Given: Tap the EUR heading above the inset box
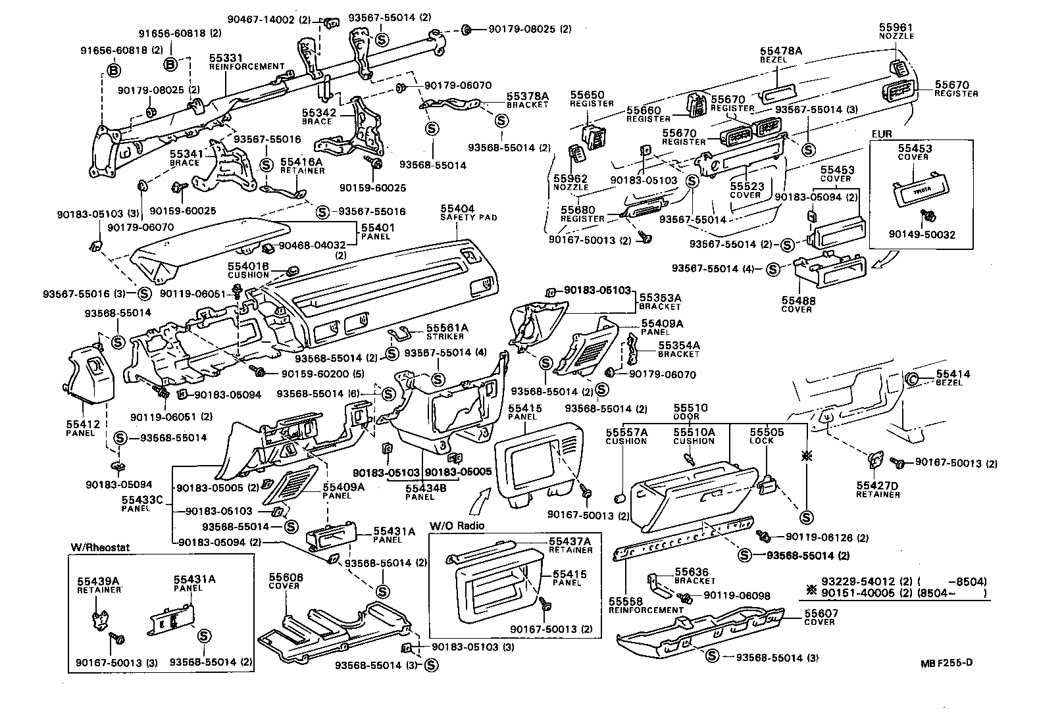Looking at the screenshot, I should [x=881, y=134].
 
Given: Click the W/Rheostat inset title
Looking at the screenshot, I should [x=94, y=548].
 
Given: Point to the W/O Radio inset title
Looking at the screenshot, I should [x=457, y=526].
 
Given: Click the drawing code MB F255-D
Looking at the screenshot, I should [x=946, y=662].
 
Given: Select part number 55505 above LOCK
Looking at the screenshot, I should [x=767, y=432].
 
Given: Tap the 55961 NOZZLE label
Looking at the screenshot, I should [x=896, y=31].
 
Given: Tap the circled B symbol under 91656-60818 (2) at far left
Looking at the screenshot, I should [x=113, y=71].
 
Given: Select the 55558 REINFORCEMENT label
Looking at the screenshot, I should [x=645, y=605].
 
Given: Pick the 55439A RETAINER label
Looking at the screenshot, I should [x=99, y=585].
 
